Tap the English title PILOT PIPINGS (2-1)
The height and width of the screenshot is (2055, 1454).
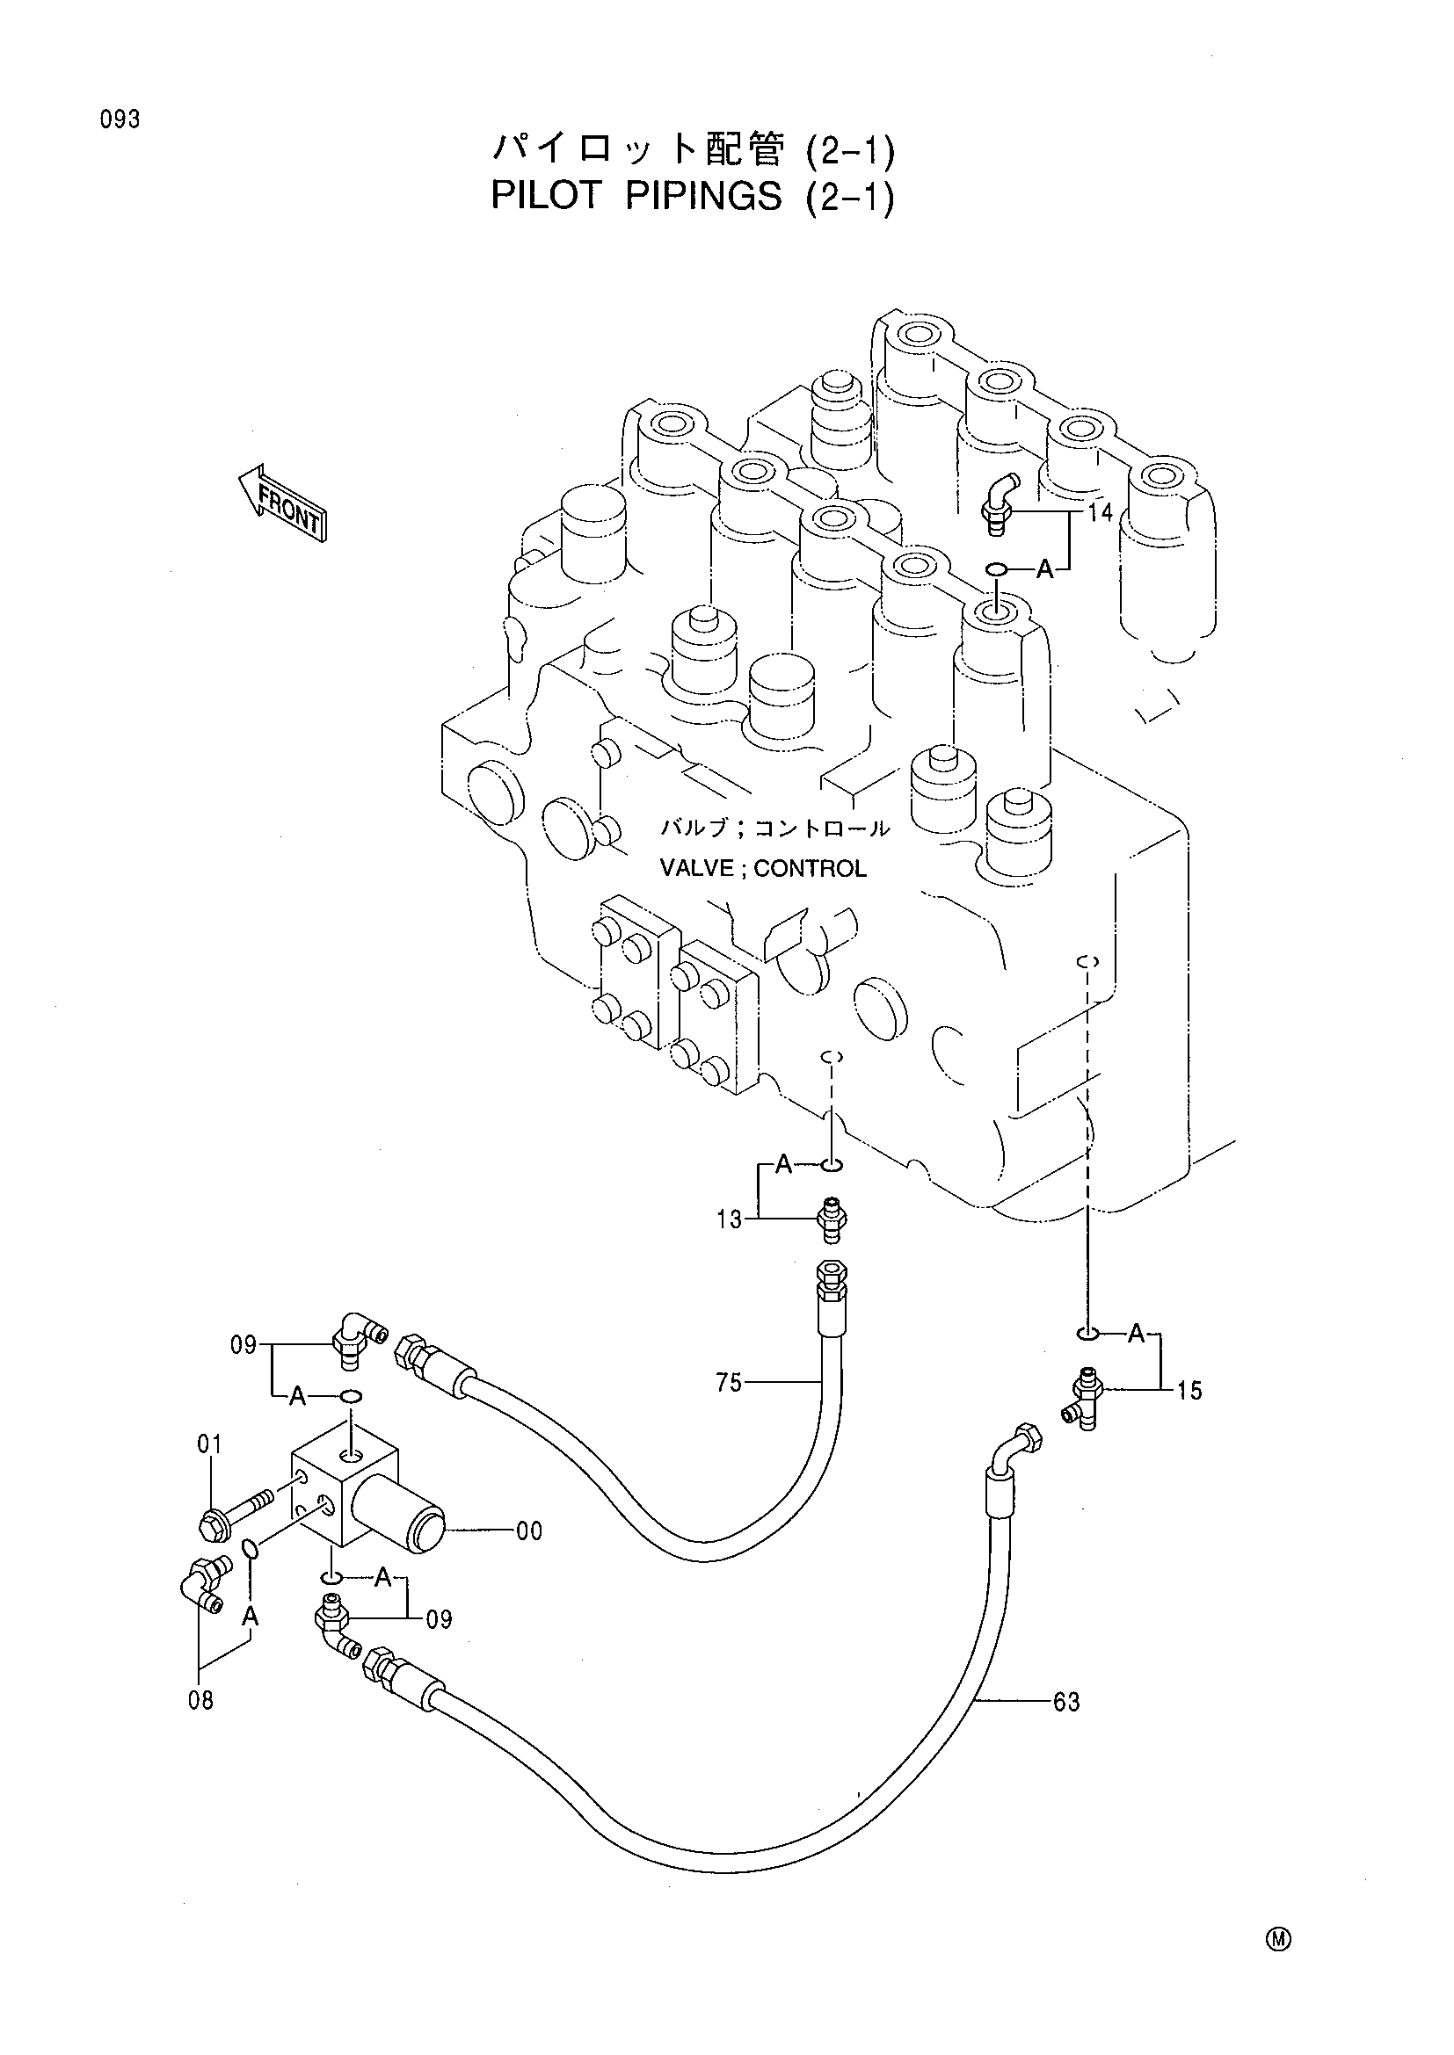693,196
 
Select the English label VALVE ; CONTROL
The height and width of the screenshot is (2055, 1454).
763,868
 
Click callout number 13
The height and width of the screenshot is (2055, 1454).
729,1219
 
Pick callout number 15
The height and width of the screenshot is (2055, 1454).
1189,1390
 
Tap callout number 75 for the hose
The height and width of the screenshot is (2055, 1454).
729,1383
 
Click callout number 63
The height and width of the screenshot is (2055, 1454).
1066,1702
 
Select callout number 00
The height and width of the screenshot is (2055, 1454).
529,1531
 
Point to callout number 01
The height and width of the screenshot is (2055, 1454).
209,1444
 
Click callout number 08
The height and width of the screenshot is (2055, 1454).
200,1700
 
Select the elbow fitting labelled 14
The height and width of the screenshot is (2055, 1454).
998,504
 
